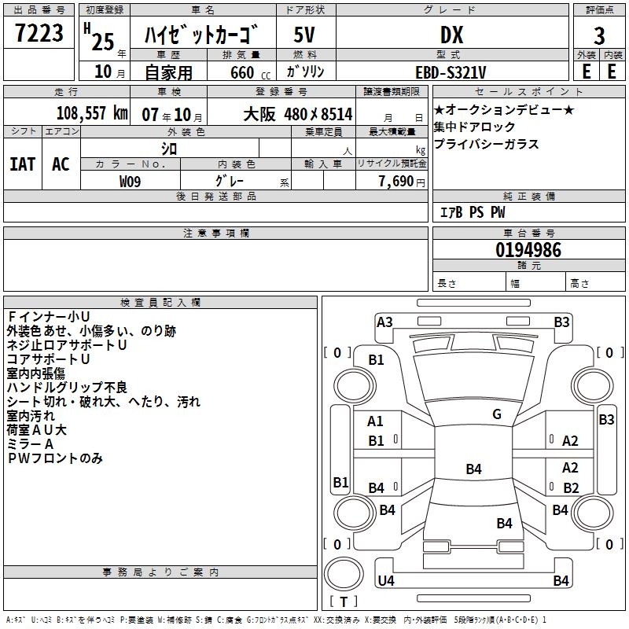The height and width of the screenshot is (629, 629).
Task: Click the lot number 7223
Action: (x=39, y=34)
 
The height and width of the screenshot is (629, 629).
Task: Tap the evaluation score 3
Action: (x=599, y=35)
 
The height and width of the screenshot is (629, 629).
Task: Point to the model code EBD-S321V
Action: (x=451, y=72)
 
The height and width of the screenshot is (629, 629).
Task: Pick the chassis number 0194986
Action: (x=528, y=250)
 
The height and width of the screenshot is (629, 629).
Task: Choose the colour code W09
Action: (x=131, y=181)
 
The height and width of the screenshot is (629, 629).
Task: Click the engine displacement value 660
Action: (x=242, y=72)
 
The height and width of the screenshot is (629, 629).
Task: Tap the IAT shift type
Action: (x=23, y=164)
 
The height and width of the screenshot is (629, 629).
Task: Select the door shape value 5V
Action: (x=304, y=35)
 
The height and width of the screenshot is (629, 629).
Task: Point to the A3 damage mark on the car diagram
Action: (x=384, y=322)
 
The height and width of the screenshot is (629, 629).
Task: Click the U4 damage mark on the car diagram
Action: (x=386, y=581)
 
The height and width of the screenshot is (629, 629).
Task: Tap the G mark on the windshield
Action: (x=497, y=414)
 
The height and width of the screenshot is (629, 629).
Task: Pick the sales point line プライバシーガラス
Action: (x=486, y=144)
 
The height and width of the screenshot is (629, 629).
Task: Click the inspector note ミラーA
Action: (x=32, y=444)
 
